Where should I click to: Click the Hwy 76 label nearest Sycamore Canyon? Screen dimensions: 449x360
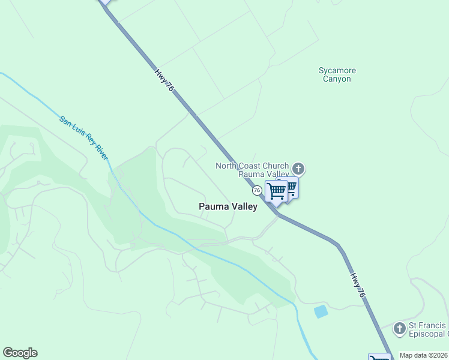click(x=164, y=80)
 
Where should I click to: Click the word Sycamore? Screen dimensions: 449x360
click(x=337, y=70)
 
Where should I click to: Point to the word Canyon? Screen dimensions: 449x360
click(x=337, y=79)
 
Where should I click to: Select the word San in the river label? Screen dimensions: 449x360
click(x=65, y=119)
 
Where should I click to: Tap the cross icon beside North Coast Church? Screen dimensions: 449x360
click(x=298, y=169)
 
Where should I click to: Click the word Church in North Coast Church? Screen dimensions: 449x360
click(x=277, y=166)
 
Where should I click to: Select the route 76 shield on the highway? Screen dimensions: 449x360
click(x=257, y=190)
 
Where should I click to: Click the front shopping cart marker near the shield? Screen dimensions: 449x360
click(x=276, y=191)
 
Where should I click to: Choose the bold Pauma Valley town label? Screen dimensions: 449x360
click(x=228, y=206)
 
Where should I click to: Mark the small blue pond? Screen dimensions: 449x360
click(x=321, y=311)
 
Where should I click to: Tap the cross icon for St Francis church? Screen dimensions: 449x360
click(x=400, y=328)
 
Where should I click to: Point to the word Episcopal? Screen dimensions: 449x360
click(x=427, y=334)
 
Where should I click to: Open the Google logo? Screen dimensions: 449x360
click(x=20, y=353)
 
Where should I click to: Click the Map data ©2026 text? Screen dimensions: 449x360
click(x=424, y=355)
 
